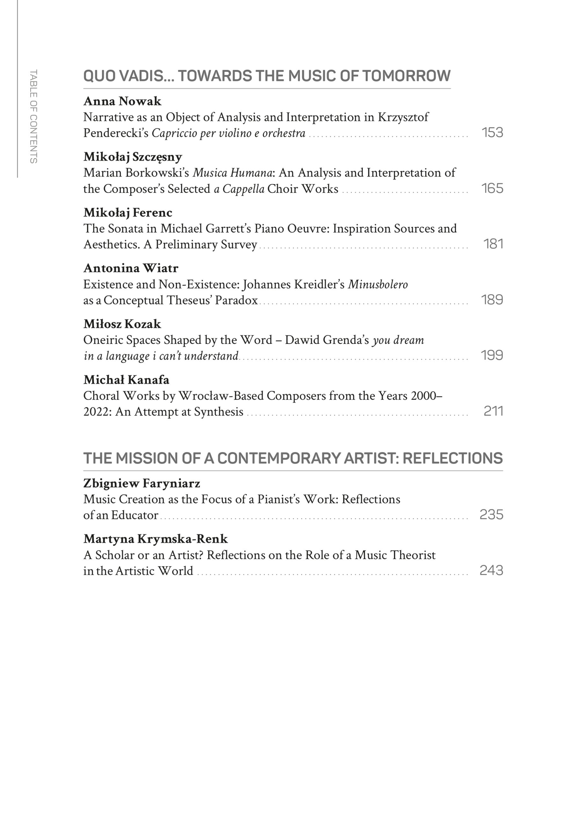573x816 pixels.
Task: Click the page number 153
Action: coord(492,133)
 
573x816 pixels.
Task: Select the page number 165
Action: coord(492,188)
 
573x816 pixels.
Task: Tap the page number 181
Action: coord(493,244)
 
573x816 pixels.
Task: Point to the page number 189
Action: coord(492,300)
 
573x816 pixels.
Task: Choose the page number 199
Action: coord(492,355)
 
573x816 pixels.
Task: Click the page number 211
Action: coord(493,411)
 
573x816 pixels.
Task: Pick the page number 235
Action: coord(491,514)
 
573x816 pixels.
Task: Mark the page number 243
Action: coord(491,571)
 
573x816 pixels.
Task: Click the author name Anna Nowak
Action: coord(122,101)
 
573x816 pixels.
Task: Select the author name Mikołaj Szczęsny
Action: coord(133,157)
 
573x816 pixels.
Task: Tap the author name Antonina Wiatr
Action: coord(131,268)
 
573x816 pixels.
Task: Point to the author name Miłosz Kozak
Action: coord(122,324)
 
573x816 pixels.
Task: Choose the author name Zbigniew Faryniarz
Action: coord(142,483)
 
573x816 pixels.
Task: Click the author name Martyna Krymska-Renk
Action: coord(155,539)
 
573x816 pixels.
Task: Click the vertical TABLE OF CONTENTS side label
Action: coord(33,116)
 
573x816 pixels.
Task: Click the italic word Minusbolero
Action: coord(378,284)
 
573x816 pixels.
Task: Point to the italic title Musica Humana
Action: coord(232,173)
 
